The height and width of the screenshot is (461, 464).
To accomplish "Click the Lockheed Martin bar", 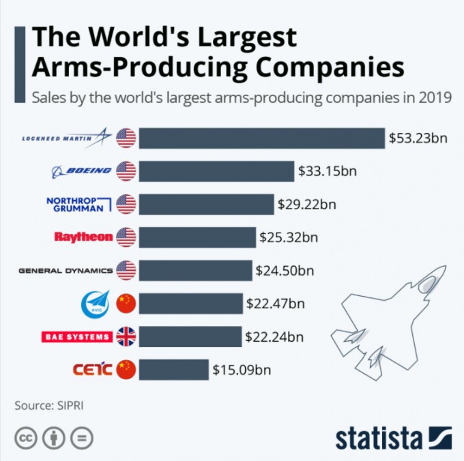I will tap(261, 138).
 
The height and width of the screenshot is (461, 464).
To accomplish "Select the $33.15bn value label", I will tap(327, 170).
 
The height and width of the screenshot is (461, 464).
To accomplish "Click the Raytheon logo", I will tap(83, 237).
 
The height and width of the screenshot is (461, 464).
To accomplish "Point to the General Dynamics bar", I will tap(196, 270).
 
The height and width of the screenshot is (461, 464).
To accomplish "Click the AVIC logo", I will tap(94, 303).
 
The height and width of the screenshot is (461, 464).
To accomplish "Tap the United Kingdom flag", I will tap(126, 336).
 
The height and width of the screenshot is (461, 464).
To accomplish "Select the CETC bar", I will tap(173, 370).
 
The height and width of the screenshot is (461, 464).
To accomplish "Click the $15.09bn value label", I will tap(242, 370).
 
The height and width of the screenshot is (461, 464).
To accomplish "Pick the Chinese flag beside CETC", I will tap(126, 370).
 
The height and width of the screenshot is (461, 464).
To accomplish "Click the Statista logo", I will tap(393, 437).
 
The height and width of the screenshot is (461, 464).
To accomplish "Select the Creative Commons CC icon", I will tap(25, 437).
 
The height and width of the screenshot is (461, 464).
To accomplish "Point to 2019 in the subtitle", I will tap(435, 97).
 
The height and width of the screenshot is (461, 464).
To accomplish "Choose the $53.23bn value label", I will tap(418, 138).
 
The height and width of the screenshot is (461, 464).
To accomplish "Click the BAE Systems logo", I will tap(76, 336).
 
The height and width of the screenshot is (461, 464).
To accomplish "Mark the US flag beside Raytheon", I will tap(126, 237).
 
